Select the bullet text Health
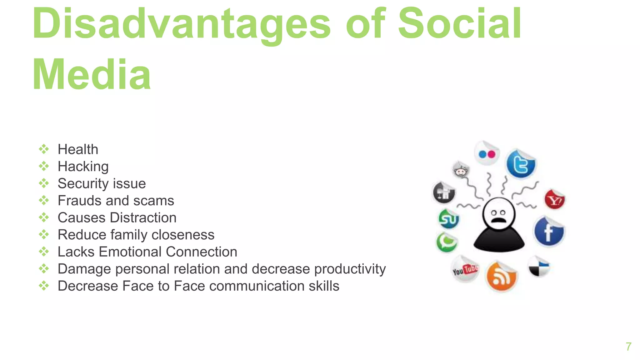(x=78, y=149)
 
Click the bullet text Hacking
(x=83, y=167)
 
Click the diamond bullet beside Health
(x=44, y=149)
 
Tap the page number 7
(x=628, y=347)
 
